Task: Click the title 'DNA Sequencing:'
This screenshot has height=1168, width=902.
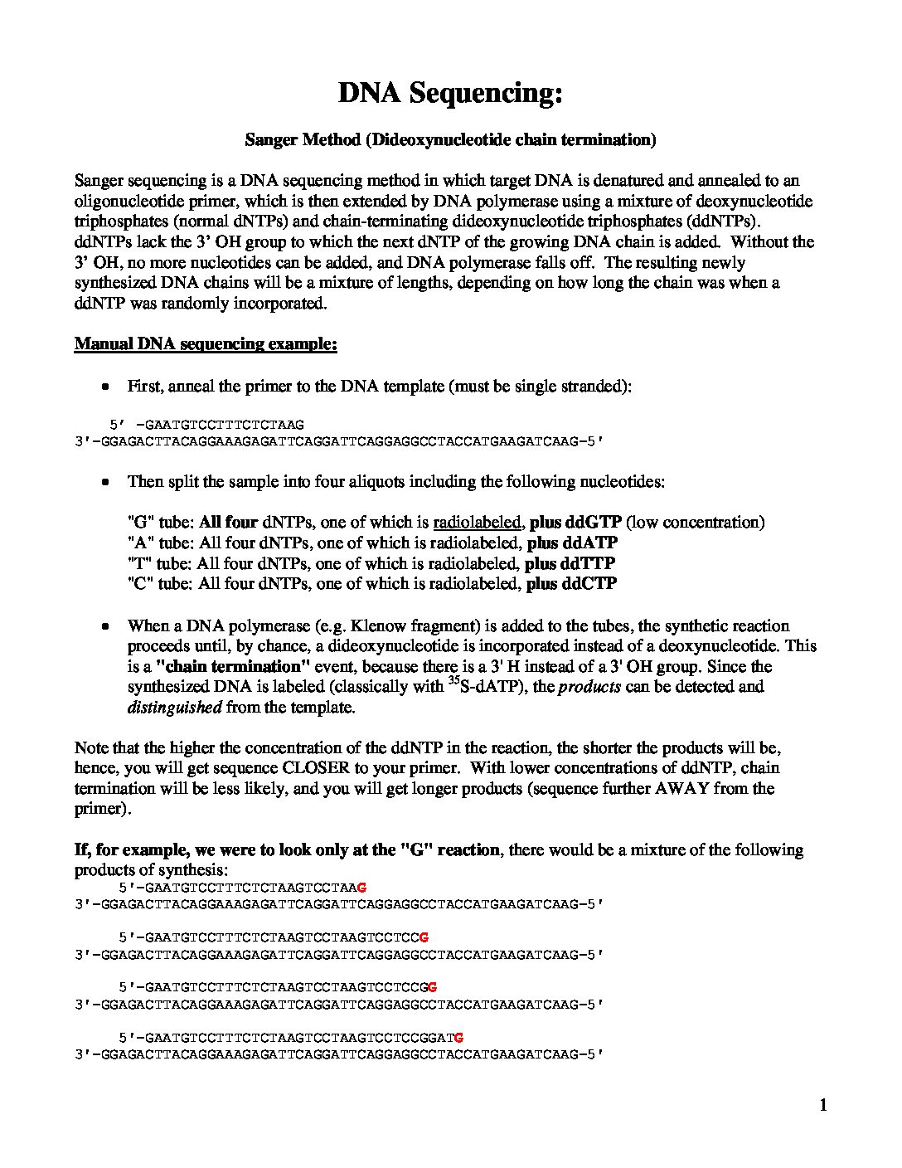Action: (450, 93)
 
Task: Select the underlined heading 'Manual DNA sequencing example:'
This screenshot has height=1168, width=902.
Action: (206, 343)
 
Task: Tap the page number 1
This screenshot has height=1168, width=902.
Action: (823, 1104)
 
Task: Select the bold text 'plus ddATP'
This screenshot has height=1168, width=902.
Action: (572, 543)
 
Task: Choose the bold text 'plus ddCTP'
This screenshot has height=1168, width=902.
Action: (571, 584)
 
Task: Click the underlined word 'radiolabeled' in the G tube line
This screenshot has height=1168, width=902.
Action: (478, 523)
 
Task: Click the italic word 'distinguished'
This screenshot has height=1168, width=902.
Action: (174, 708)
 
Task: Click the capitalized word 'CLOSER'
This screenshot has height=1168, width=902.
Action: (316, 768)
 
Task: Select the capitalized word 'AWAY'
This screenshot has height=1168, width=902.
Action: (682, 788)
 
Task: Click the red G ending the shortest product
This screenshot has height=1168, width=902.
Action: (361, 888)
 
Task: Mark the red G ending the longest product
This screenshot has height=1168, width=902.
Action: (458, 1037)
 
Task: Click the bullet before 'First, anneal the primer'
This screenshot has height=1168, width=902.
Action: (105, 387)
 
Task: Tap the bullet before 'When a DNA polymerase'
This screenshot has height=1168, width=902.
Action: (105, 626)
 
